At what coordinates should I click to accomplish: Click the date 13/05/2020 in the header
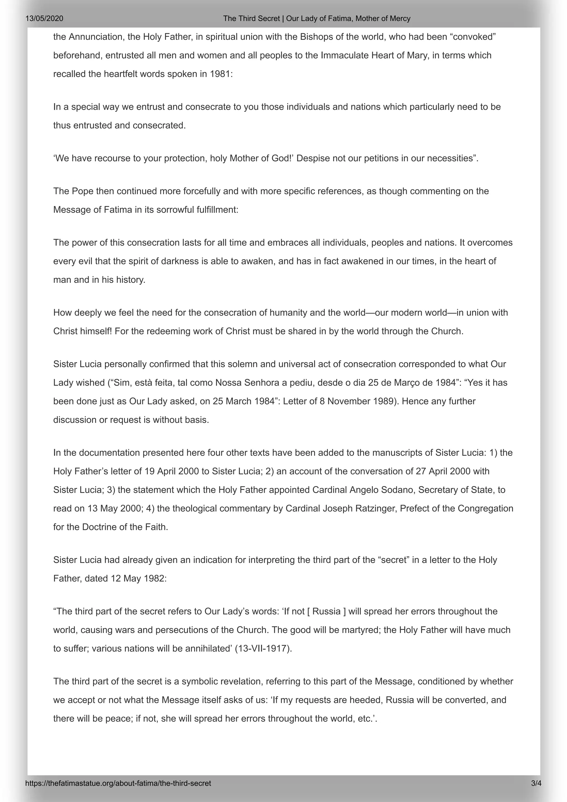tap(44, 19)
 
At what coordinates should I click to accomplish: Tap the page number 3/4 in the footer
tap(536, 783)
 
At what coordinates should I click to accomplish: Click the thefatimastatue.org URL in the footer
tap(118, 783)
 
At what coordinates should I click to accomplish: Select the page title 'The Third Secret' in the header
tap(252, 19)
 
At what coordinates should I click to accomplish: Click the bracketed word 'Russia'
tap(326, 611)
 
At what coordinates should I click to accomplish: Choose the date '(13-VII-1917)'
tap(263, 648)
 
